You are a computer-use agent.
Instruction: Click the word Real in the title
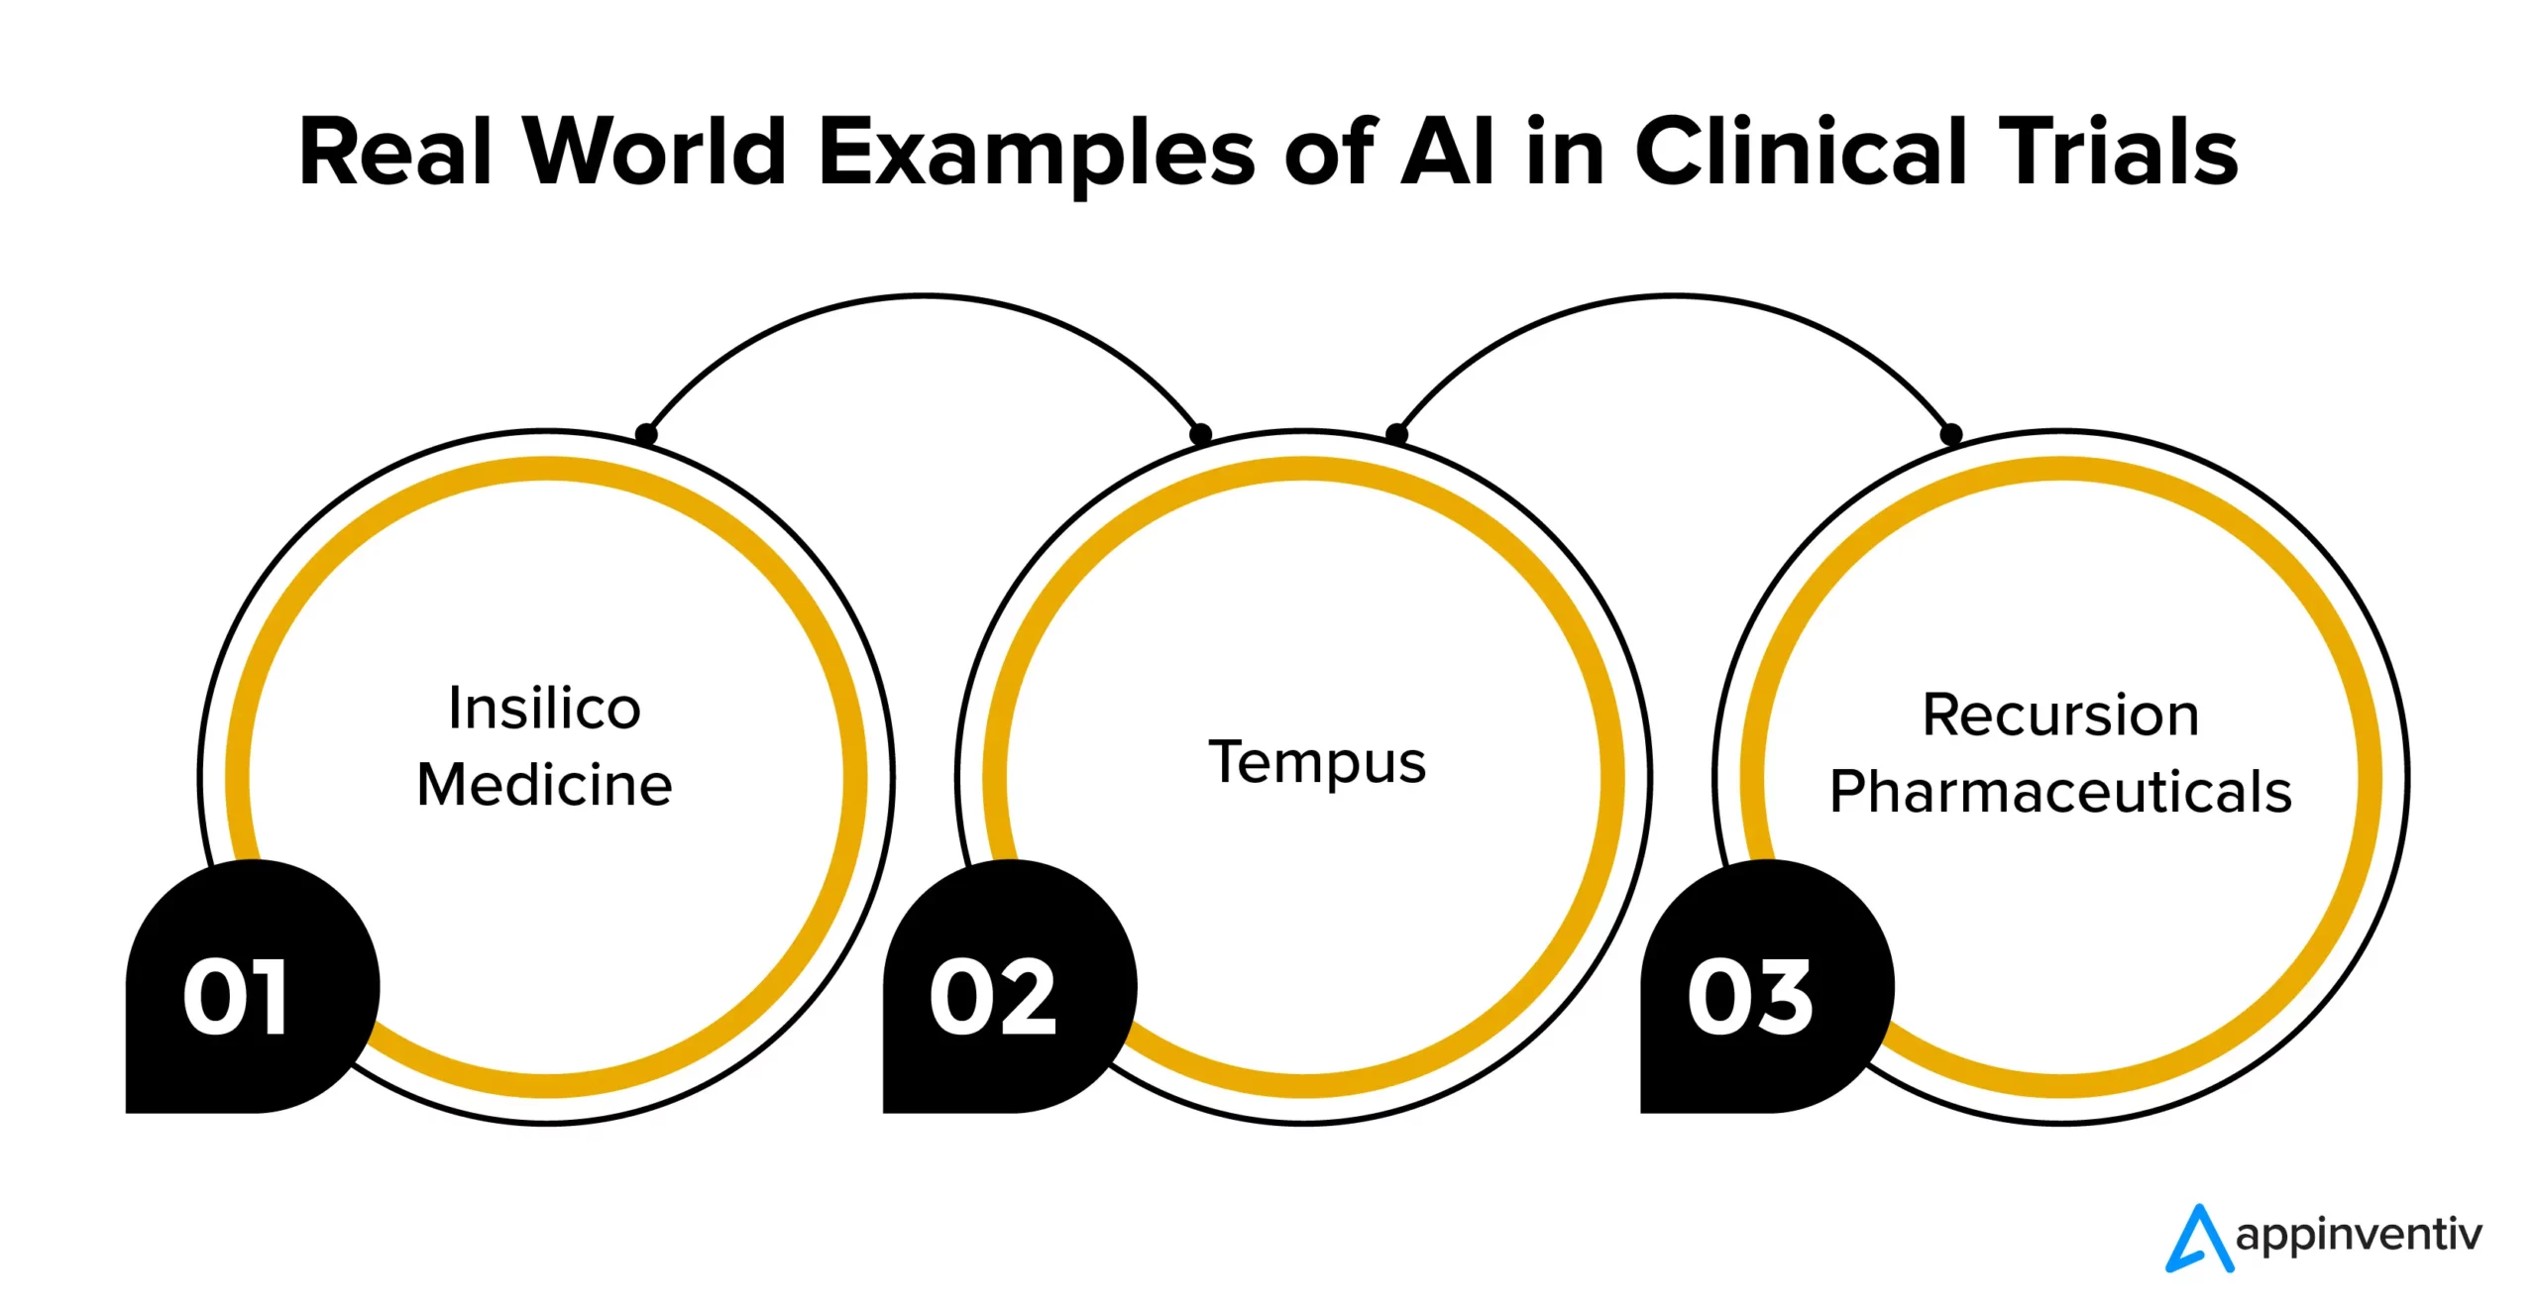(x=395, y=153)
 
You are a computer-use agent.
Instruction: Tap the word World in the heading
(x=655, y=153)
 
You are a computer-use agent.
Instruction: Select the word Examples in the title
(x=1037, y=155)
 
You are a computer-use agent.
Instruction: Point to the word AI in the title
(x=1446, y=153)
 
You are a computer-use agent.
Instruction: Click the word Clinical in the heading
(x=1800, y=153)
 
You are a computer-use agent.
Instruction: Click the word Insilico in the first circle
(x=544, y=709)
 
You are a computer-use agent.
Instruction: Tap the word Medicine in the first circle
(x=544, y=785)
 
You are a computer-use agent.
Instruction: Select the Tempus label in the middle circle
(x=1317, y=762)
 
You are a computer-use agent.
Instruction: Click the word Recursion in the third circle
(x=2060, y=714)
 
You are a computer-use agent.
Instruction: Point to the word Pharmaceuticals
(x=2060, y=791)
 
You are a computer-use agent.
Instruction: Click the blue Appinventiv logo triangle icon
(x=2199, y=1239)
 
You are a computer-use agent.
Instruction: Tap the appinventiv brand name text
(x=2360, y=1236)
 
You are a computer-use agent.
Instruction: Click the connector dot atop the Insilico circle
(x=646, y=434)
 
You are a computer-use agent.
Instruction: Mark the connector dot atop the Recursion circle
(x=1951, y=434)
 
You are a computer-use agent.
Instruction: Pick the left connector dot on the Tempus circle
(x=1200, y=434)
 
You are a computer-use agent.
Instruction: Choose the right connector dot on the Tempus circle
(x=1396, y=434)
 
